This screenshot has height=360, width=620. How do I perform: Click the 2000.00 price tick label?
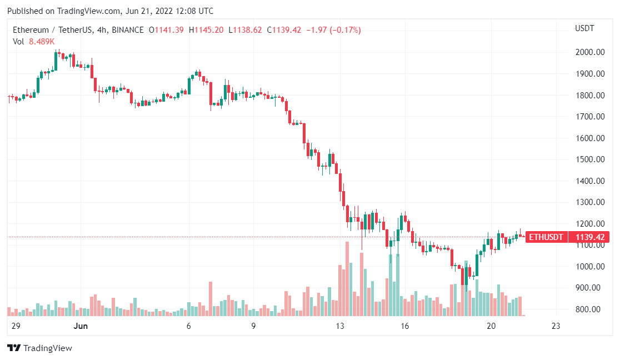[589, 52]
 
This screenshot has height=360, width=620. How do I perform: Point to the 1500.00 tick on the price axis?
[589, 159]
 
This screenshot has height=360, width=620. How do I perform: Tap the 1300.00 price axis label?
[589, 202]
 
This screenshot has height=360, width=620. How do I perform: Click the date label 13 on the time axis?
[340, 326]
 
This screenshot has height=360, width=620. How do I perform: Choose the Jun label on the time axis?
[81, 326]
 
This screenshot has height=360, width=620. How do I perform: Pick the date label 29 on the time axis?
[16, 326]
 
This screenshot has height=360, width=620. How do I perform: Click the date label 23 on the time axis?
[555, 326]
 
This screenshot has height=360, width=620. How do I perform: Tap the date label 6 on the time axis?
[189, 326]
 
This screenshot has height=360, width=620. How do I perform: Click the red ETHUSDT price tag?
[546, 237]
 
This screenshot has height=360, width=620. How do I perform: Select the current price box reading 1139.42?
[589, 237]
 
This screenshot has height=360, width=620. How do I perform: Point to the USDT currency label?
[584, 28]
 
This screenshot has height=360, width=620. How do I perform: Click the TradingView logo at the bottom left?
[39, 348]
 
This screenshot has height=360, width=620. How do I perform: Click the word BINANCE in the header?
[127, 30]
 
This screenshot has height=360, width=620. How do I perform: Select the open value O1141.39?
[167, 30]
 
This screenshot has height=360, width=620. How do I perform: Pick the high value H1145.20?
[207, 30]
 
